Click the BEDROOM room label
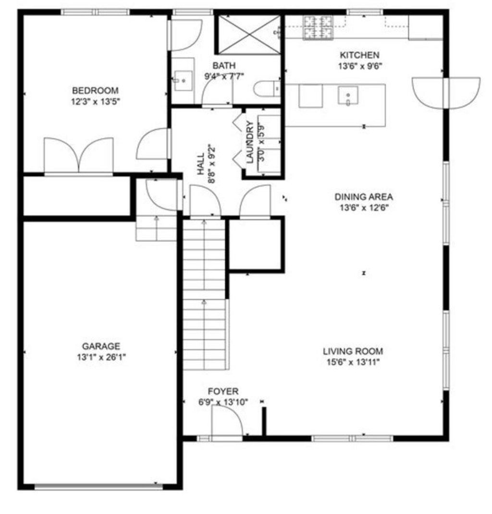[95, 90]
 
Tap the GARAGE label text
[101, 346]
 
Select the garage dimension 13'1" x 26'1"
[101, 357]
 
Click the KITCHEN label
[359, 55]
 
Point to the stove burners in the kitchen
[318, 27]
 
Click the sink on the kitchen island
[348, 96]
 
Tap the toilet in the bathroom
[267, 89]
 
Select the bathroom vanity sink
[183, 80]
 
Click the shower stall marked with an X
[249, 34]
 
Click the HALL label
[201, 164]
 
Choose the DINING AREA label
[364, 196]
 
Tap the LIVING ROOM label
[353, 352]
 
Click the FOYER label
[223, 391]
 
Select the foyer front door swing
[227, 421]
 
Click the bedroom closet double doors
[79, 155]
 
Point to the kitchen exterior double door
[446, 93]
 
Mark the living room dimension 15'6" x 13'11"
[353, 362]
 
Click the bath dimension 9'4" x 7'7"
[224, 76]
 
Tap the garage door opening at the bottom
[98, 487]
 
